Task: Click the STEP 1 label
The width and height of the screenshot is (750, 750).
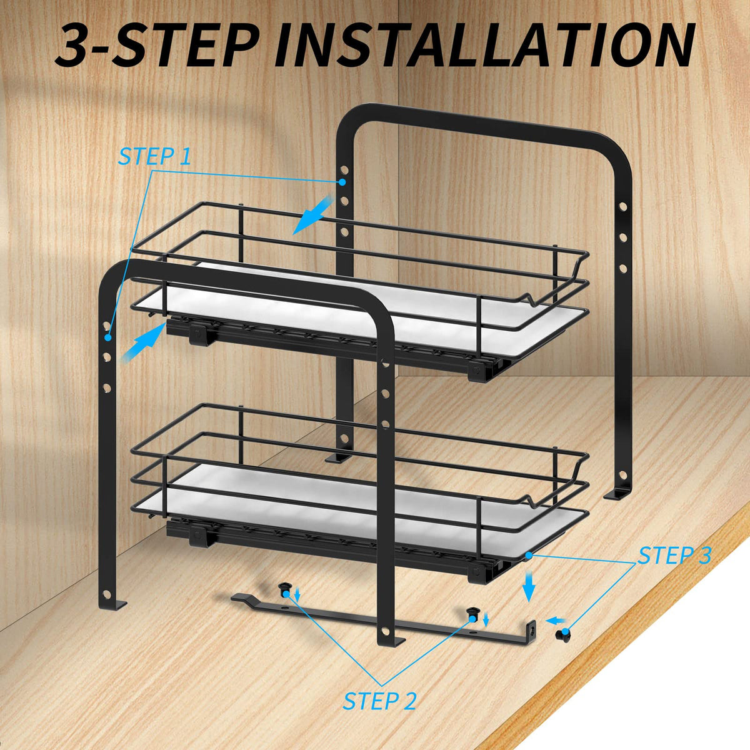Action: tap(155, 156)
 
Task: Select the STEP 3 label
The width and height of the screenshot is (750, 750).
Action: tap(674, 556)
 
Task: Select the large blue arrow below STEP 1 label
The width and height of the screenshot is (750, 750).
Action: tap(312, 216)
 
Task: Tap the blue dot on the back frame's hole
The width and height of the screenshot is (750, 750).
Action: tap(342, 182)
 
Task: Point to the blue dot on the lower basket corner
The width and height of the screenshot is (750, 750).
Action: tap(528, 554)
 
